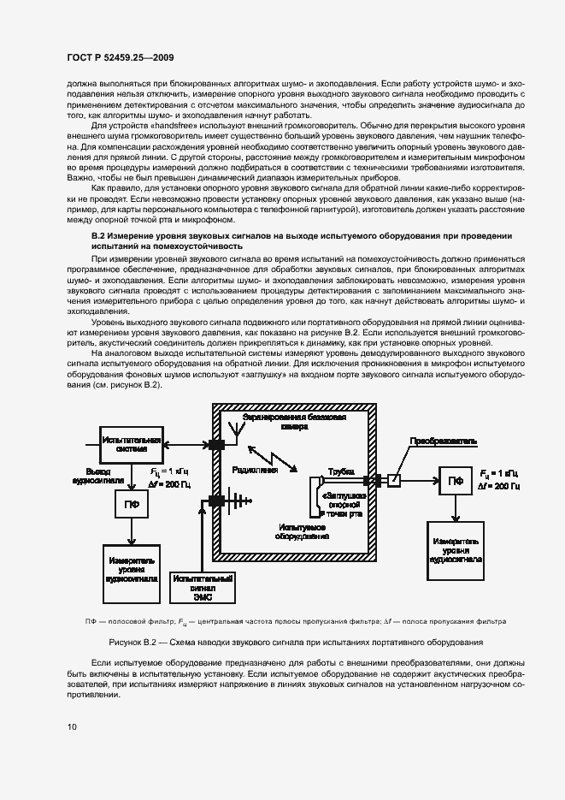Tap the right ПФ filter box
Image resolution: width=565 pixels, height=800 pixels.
[x=458, y=480]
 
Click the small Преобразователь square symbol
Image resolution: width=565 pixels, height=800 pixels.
[x=393, y=480]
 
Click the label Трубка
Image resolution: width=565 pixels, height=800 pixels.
[x=339, y=471]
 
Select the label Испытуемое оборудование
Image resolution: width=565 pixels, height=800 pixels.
[x=302, y=532]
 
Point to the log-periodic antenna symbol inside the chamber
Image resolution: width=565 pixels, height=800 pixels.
[x=234, y=503]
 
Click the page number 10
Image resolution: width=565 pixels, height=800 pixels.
[x=73, y=726]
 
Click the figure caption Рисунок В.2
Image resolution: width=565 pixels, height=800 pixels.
[x=296, y=641]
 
